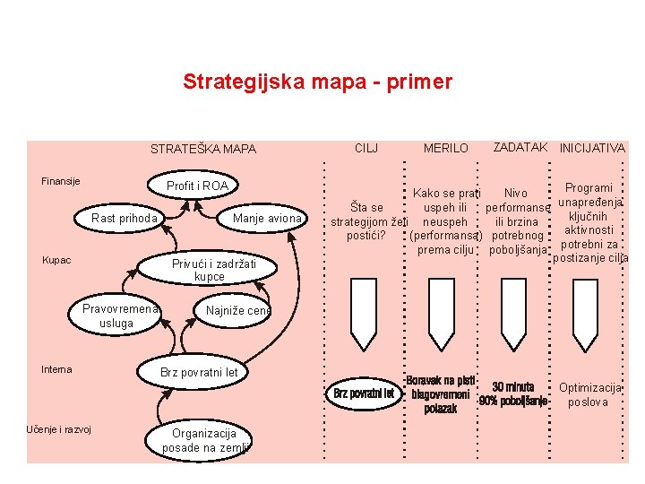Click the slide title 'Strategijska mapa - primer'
pos(317,82)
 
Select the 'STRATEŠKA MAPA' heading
pos(202,149)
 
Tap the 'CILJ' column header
pos(366,147)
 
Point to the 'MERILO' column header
pos(445,148)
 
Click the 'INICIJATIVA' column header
pos(592,148)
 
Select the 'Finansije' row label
pos(61,182)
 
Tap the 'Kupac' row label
pos(57,260)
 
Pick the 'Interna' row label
pos(57,369)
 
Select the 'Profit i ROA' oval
pos(198,186)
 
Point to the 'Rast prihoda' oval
pos(125,219)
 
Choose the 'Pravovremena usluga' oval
pos(118,315)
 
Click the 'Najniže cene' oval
pos(237,311)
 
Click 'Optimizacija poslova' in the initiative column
pos(590,394)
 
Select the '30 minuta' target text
pos(513,386)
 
